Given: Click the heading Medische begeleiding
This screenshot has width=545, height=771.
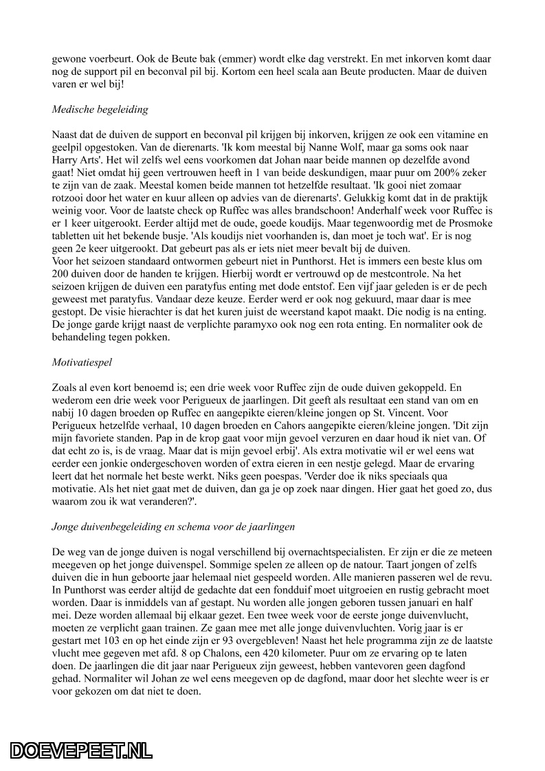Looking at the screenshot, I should pyautogui.click(x=100, y=109).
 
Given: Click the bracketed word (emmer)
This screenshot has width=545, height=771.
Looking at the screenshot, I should pyautogui.click(x=190, y=60).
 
